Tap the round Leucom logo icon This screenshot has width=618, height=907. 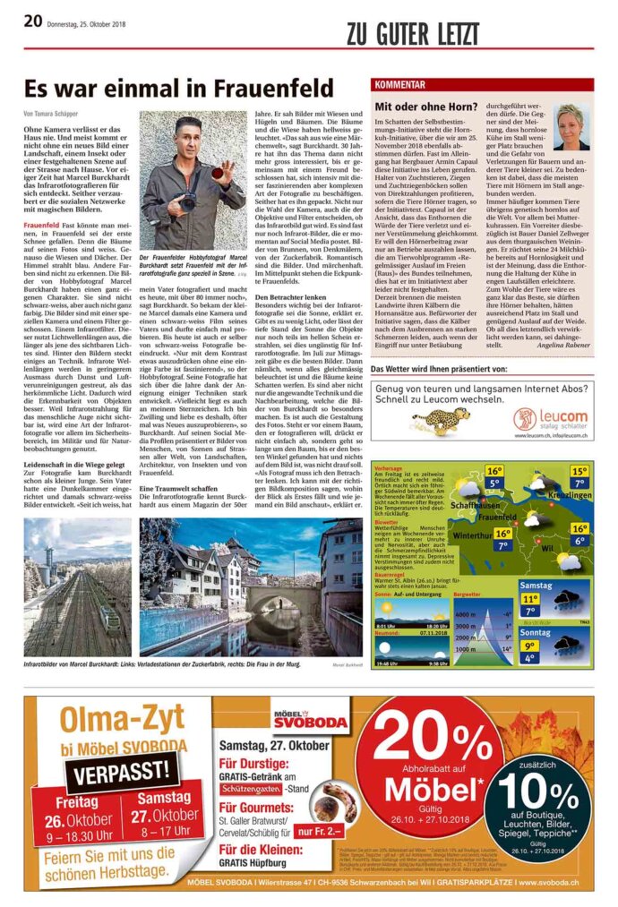(x=525, y=417)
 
